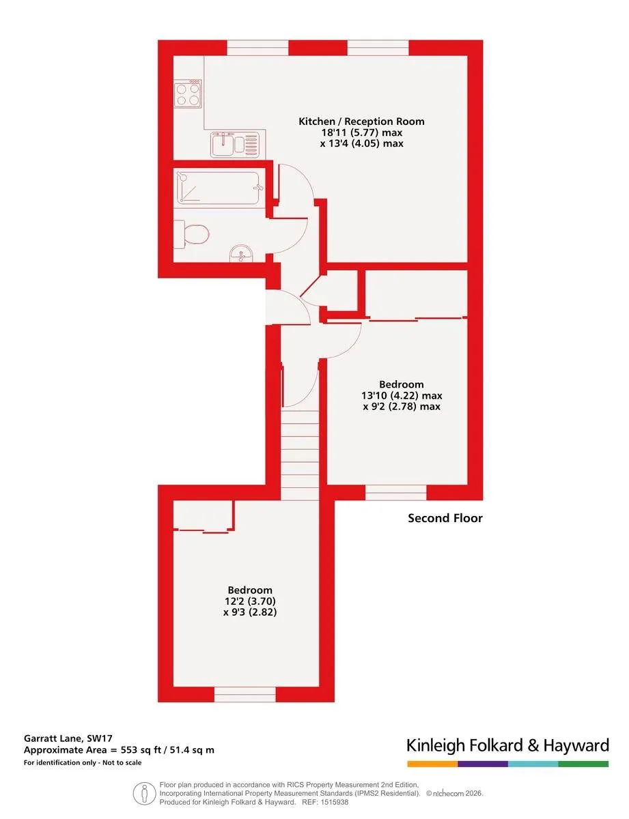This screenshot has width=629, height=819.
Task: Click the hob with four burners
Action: click(187, 94)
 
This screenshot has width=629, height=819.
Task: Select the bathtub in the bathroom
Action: click(217, 188)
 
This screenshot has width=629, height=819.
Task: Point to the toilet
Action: click(191, 233)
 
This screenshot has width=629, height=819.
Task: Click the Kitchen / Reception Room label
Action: click(361, 121)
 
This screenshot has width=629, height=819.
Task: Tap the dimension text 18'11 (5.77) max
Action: click(361, 132)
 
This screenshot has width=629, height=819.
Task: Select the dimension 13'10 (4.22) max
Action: click(401, 395)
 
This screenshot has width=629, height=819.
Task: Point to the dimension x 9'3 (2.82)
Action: click(250, 612)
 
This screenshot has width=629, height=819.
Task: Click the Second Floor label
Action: click(445, 518)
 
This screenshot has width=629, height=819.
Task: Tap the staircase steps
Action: click(300, 455)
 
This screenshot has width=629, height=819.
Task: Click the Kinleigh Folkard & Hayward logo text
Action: click(507, 745)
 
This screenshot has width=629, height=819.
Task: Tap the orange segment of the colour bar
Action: click(432, 764)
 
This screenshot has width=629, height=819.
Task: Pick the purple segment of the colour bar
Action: click(483, 764)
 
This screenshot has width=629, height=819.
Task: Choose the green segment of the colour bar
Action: click(583, 764)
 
